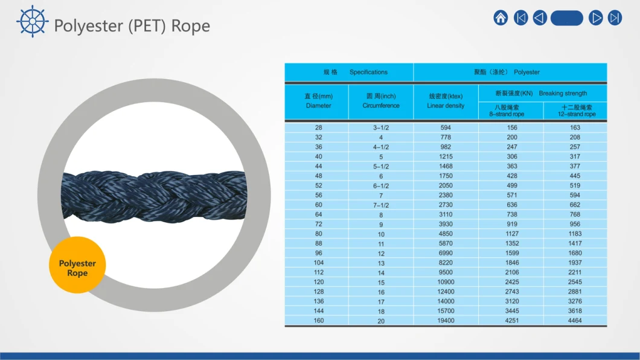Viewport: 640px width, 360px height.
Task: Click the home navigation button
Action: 501,18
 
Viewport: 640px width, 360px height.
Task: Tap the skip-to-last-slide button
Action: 615,18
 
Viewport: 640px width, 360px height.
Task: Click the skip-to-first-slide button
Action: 521,18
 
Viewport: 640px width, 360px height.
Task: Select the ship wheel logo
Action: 32,21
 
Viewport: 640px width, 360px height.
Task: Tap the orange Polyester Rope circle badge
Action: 77,265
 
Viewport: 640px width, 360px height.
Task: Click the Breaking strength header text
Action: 563,94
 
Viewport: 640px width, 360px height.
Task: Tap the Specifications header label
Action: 368,72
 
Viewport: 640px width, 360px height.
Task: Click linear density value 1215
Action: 446,156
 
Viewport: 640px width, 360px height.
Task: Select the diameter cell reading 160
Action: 318,321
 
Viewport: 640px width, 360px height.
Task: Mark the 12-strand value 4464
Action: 575,321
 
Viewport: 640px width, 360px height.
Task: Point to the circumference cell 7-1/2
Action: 381,205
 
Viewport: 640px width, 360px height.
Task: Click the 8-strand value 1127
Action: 512,234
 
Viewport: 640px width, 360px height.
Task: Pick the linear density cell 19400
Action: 446,321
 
